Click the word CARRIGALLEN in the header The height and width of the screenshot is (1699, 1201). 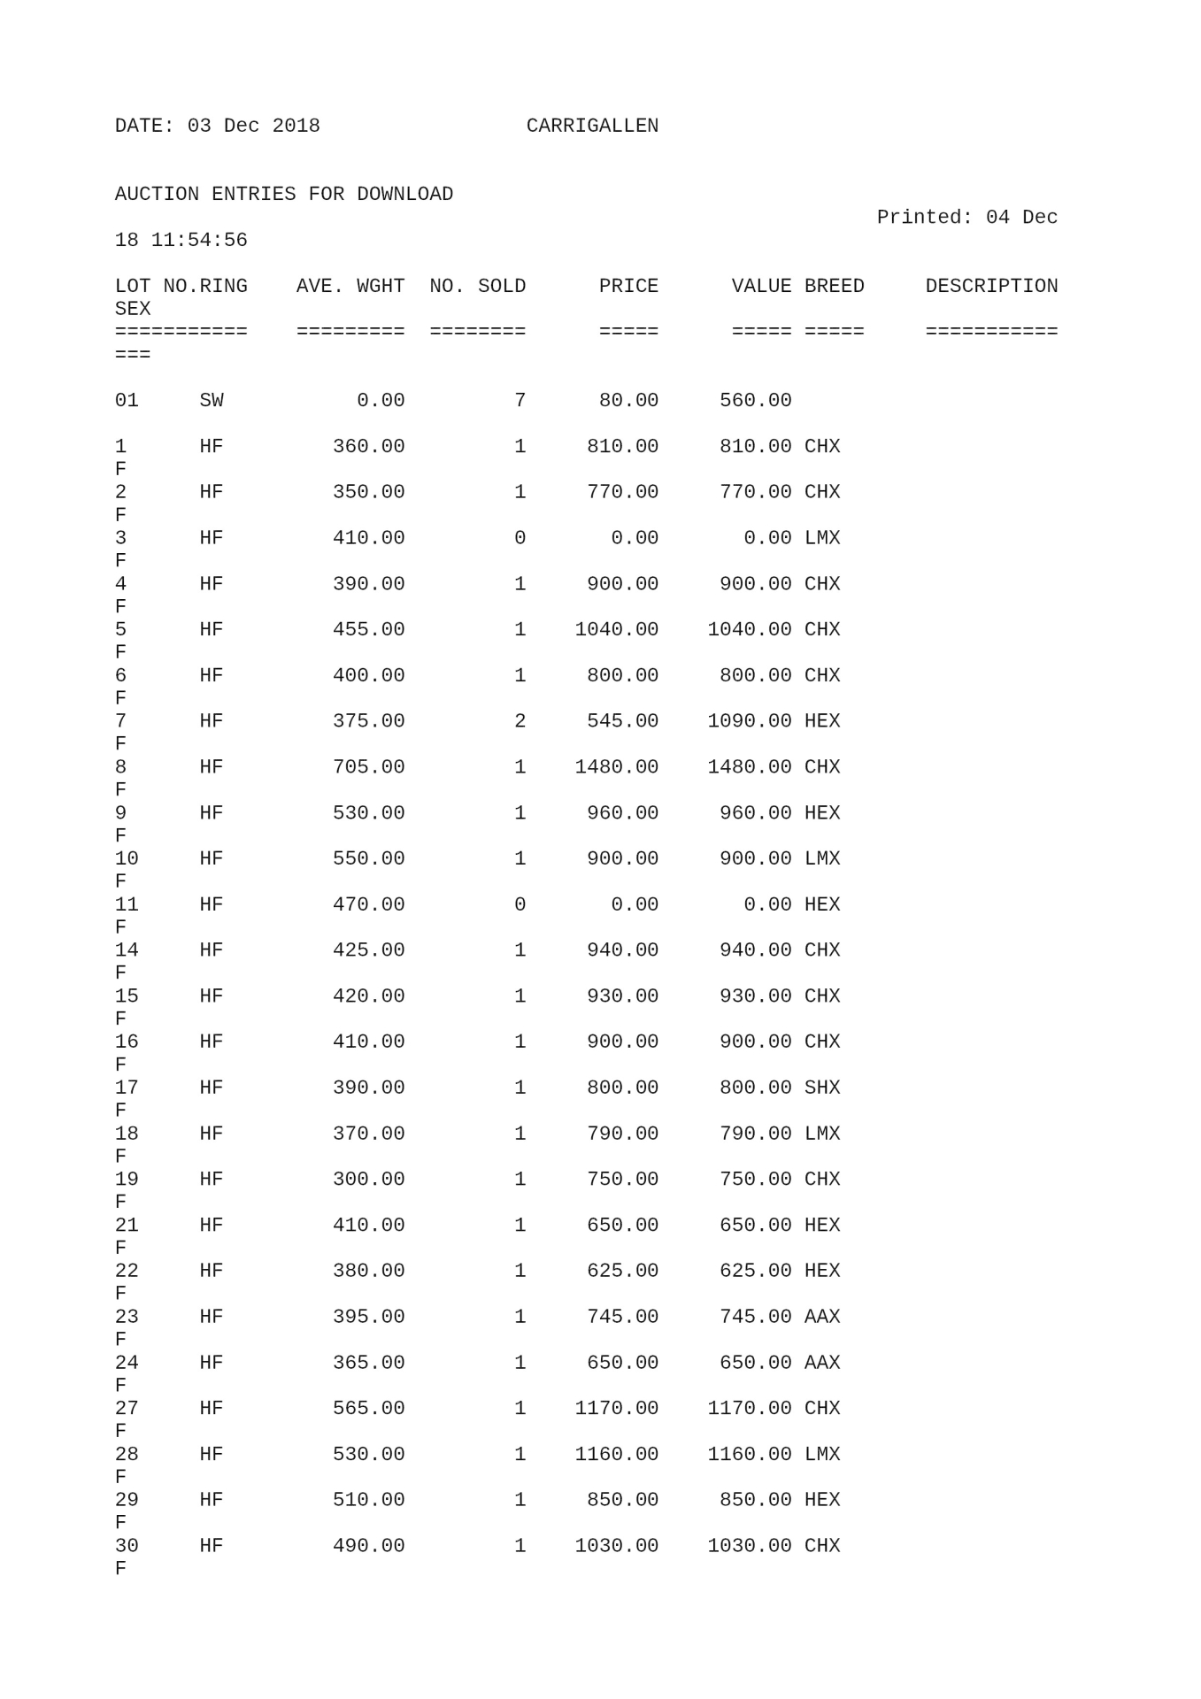[592, 126]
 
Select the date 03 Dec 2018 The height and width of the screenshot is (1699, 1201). [253, 126]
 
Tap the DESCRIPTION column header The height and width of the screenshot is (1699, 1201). [991, 286]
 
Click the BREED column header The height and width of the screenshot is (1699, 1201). [834, 286]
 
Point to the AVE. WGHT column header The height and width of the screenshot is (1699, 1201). [350, 286]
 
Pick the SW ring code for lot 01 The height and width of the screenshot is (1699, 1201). [212, 400]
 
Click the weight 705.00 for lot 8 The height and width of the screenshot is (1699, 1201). [368, 766]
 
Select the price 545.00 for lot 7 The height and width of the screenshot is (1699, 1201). [622, 721]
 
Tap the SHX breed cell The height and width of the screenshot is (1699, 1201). [822, 1088]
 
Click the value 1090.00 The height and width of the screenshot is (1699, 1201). [749, 721]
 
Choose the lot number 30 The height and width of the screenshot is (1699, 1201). [127, 1546]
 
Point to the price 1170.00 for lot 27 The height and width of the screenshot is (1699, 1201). [616, 1408]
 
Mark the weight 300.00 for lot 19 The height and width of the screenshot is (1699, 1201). [368, 1179]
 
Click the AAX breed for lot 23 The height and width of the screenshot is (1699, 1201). [822, 1317]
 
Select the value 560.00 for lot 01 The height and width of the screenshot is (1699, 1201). [755, 400]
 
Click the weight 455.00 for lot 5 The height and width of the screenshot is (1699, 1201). [368, 629]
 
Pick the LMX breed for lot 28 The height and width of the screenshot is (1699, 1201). [822, 1454]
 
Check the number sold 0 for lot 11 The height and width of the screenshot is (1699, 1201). [520, 904]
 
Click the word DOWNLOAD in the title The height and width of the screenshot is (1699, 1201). [404, 194]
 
